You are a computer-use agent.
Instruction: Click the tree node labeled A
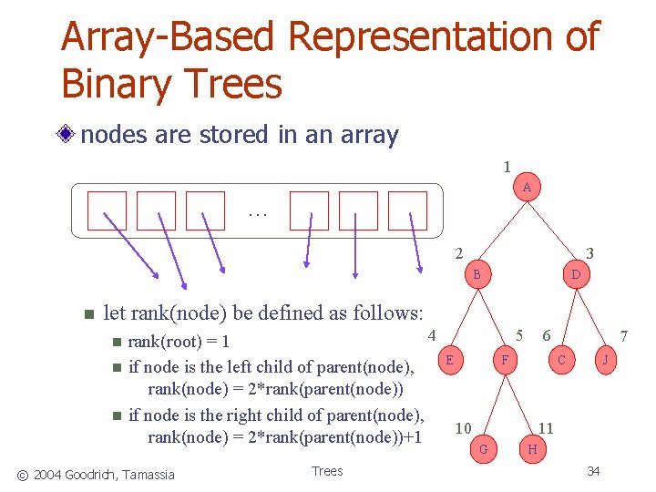tap(527, 188)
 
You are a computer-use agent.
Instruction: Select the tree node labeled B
tap(477, 273)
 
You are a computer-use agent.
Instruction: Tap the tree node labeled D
tap(575, 273)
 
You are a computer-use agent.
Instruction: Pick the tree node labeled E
tap(450, 360)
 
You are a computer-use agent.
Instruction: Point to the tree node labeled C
tap(561, 360)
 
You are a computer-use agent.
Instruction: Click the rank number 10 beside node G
tap(463, 428)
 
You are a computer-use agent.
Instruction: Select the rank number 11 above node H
tap(546, 427)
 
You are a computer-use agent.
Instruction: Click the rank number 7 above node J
tap(624, 336)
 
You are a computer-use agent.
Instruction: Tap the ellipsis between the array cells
tap(257, 215)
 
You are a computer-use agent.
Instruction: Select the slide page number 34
tap(593, 470)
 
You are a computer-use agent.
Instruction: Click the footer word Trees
tap(327, 470)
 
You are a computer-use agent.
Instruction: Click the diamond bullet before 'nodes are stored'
tap(67, 136)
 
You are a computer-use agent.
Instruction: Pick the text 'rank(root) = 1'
tap(179, 343)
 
